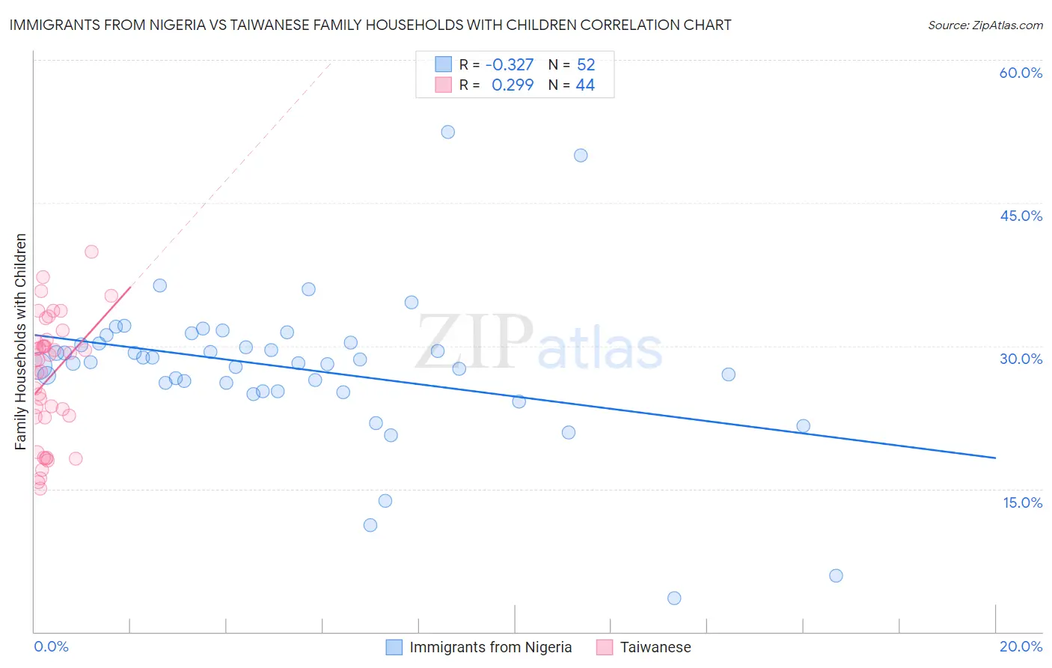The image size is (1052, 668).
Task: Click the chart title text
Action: [x=370, y=25]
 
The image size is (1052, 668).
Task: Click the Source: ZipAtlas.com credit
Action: [x=985, y=25]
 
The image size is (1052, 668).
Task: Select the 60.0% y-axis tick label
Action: [x=1021, y=73]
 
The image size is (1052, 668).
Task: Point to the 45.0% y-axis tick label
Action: [x=1021, y=216]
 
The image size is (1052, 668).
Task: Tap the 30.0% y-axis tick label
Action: [x=1021, y=359]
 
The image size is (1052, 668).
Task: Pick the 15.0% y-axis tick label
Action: [x=1022, y=502]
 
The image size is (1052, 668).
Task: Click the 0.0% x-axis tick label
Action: [x=51, y=646]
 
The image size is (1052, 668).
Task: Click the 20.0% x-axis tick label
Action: [x=1021, y=646]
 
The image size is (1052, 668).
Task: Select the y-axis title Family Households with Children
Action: [x=21, y=341]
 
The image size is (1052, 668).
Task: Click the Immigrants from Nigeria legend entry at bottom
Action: [x=479, y=647]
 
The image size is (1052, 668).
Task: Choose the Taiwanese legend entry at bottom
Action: [x=644, y=647]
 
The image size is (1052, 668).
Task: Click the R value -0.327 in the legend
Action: [x=510, y=65]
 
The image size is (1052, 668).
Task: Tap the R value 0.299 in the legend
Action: [x=513, y=85]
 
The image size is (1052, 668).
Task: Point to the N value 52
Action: [x=586, y=65]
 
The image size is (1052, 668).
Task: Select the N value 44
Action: [x=585, y=85]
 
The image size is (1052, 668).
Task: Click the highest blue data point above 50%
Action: [x=447, y=132]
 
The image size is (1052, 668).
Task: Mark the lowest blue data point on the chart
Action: [x=674, y=598]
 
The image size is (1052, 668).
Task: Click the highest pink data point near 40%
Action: [x=91, y=252]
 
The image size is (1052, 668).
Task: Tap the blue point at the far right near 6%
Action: [x=836, y=575]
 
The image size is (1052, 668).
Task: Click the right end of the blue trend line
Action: [x=995, y=457]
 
